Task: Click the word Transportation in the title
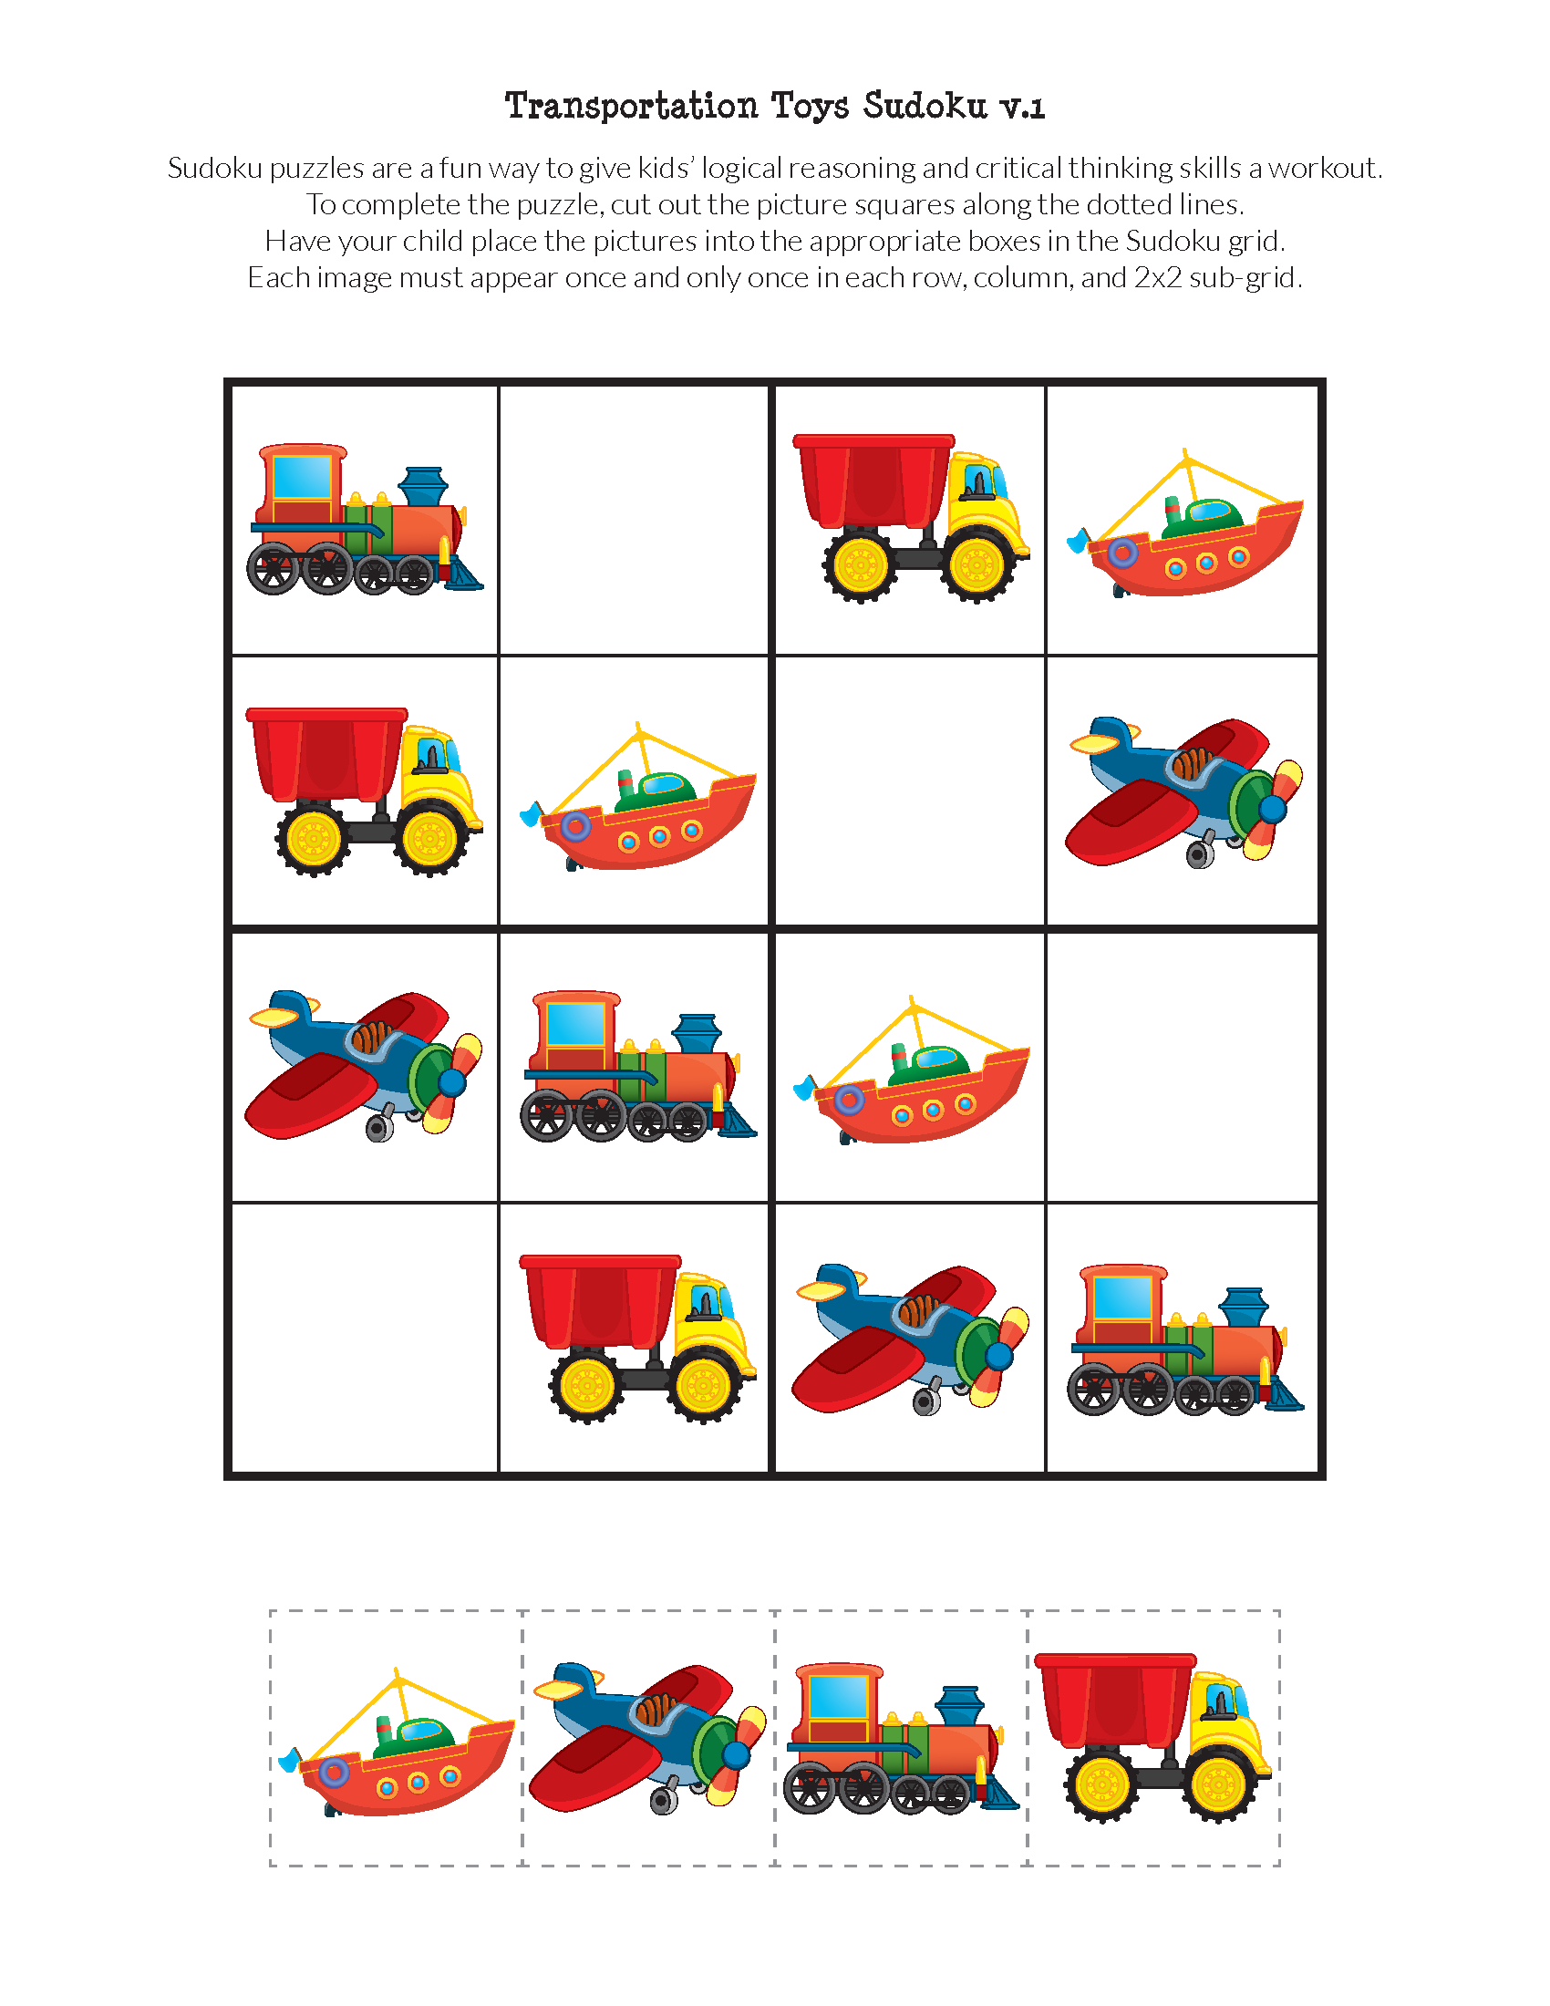(x=631, y=106)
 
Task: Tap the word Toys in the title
(x=811, y=108)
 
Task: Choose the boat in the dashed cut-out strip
(x=397, y=1742)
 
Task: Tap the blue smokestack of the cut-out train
(x=959, y=1706)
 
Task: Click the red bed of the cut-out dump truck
(x=1115, y=1701)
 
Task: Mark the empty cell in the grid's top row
(x=635, y=520)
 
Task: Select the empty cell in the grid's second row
(x=910, y=791)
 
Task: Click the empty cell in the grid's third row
(x=1182, y=1068)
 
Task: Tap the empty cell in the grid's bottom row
(x=365, y=1338)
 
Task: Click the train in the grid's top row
(x=365, y=520)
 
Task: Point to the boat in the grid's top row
(x=1184, y=523)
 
